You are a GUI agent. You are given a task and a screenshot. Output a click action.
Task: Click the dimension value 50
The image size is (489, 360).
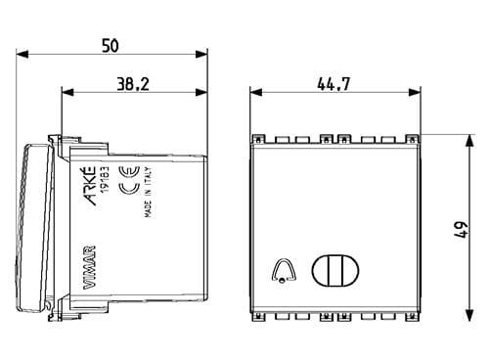click(111, 46)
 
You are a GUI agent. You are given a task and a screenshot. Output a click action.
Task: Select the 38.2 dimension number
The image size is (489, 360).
click(133, 84)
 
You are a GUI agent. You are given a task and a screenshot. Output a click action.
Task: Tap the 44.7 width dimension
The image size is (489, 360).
click(333, 84)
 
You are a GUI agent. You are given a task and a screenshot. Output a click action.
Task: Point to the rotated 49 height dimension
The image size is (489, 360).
click(462, 230)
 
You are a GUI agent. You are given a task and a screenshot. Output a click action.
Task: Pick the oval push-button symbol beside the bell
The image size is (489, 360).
click(335, 270)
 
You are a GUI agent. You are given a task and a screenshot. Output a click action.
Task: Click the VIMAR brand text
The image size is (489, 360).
click(89, 267)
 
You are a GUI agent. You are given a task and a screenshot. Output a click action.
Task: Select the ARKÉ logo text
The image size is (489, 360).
click(89, 186)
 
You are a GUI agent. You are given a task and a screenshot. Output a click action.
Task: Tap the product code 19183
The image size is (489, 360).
click(105, 179)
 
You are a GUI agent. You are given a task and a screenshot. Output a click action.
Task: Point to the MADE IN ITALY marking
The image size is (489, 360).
click(148, 192)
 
